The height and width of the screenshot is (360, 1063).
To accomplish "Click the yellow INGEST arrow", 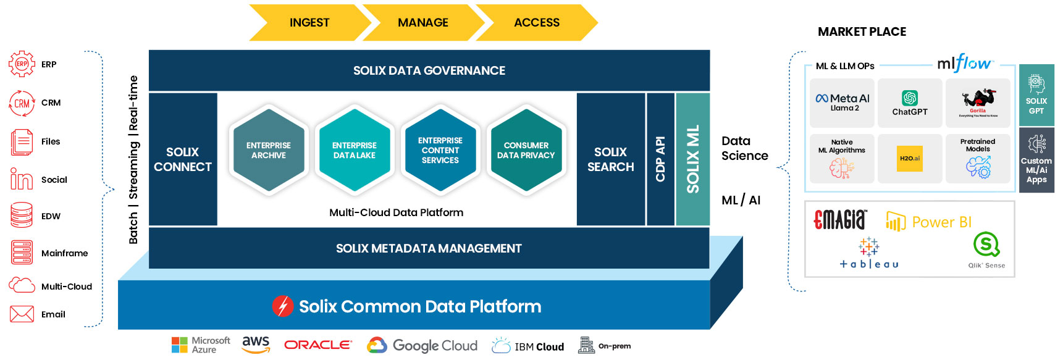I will pos(309,23).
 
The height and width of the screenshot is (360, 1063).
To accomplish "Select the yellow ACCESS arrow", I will pos(536,23).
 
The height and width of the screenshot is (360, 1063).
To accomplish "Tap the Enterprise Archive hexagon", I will pos(268,150).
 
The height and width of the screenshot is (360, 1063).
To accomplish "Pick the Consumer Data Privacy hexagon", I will pos(526,150).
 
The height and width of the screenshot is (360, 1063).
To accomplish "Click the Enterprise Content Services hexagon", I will pos(440,150).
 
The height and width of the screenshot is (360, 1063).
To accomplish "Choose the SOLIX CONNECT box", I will pos(183,159).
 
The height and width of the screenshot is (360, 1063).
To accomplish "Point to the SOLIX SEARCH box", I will pos(610,159).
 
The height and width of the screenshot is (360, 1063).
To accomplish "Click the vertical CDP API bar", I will pos(660,159).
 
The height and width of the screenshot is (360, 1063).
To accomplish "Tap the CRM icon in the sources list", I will pos(22,103).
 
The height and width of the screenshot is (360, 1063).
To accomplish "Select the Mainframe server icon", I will pos(22,253).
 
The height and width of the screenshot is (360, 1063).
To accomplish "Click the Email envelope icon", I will pos(22,314).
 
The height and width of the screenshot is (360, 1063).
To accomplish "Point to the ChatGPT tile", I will pos(910,103).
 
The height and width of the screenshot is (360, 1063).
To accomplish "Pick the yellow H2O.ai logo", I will pos(910,159).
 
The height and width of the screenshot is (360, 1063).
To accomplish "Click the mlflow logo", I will pos(964,63).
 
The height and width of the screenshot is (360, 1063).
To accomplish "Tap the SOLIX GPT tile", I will pos(1036,95).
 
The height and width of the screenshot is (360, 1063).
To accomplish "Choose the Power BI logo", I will pos(929,222).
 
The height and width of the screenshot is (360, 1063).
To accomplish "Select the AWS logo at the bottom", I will pos(256,345).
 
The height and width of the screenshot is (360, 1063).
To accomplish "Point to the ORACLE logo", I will pos(317,345).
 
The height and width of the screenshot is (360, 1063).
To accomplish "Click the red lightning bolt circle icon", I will pos(283,306).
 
